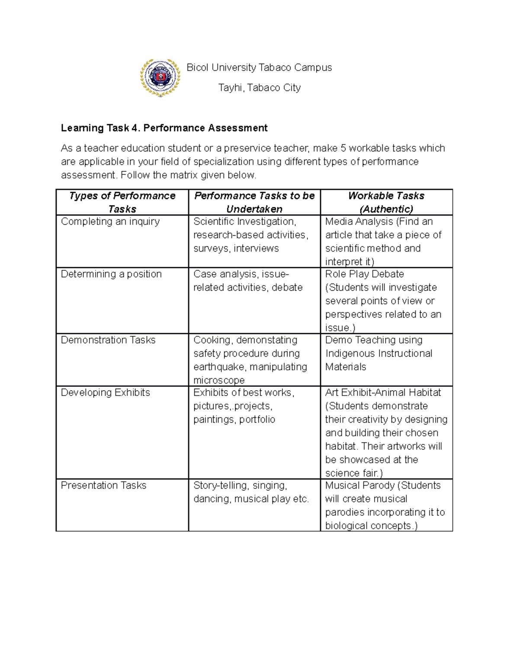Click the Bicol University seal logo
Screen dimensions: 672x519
coord(160,77)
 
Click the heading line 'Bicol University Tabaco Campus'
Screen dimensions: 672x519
coord(259,68)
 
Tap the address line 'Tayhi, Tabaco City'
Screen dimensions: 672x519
coord(259,88)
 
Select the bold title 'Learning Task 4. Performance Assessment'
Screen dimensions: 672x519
coord(164,128)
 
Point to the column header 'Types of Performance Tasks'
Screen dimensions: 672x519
coord(122,202)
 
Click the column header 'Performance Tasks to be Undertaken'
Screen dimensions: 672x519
coord(254,202)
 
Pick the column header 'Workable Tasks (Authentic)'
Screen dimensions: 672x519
coord(386,202)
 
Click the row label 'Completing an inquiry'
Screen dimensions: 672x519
coord(110,222)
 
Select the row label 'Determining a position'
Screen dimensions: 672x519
coord(111,274)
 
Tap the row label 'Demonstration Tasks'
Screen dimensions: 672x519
coord(108,340)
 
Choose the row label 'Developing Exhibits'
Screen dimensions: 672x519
coord(105,393)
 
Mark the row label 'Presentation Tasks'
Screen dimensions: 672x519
coord(103,486)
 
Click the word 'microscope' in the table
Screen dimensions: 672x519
coord(219,380)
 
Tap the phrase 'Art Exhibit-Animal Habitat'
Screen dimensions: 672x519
coord(383,393)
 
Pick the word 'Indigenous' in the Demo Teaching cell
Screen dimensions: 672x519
coord(350,354)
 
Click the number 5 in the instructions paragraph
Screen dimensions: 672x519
coord(343,148)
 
